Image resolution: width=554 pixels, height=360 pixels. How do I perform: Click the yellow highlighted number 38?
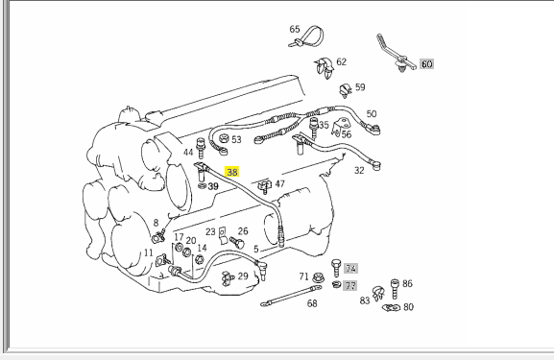pos(231,172)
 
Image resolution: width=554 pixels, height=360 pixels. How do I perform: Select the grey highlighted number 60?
pos(426,64)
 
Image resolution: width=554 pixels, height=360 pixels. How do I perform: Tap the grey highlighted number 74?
pos(350,269)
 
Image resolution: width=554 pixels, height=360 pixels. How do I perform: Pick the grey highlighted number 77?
pos(349,285)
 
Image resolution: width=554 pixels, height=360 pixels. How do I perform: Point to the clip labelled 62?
pos(325,67)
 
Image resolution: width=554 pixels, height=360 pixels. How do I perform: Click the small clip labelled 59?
pos(346,90)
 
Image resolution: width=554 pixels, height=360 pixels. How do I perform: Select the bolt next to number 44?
pos(201,148)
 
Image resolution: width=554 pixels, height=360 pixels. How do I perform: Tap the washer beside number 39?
pos(202,186)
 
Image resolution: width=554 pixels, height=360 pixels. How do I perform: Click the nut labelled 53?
pos(224,138)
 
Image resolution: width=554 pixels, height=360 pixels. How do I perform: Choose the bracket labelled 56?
pos(340,127)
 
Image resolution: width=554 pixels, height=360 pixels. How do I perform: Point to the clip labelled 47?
pos(264,186)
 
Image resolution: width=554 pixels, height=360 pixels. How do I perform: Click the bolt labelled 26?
pos(237,242)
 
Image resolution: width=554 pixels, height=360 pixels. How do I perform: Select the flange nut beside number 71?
pos(318,277)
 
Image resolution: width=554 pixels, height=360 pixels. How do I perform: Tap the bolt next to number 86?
pos(395,289)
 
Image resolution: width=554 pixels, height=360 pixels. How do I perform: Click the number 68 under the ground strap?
pos(312,303)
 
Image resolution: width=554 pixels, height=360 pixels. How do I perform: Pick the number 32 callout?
pos(359,170)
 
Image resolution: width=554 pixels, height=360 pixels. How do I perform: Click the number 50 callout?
pos(372,113)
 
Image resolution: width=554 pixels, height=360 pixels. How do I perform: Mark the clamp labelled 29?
pos(228,278)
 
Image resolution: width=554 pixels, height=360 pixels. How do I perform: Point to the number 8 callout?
pos(156,223)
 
